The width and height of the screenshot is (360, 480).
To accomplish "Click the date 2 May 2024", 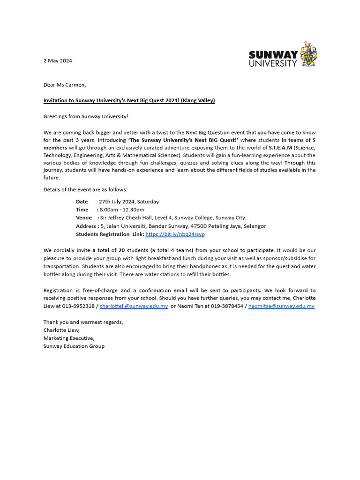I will [58, 60].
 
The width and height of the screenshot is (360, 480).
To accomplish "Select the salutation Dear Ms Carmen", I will [65, 85].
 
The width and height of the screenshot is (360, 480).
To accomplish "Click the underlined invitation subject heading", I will [129, 100].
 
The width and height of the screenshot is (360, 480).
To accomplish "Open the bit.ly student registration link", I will [175, 234].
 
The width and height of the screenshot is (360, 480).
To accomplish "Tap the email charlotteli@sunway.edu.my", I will [134, 306].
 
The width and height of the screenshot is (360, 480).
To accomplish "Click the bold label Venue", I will [84, 217].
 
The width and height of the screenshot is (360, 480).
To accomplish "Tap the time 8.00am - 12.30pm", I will [122, 210].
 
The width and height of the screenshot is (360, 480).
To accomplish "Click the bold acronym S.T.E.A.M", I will [280, 147].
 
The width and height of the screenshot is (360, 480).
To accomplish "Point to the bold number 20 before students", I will [121, 251].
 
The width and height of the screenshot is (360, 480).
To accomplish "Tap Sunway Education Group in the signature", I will [74, 346].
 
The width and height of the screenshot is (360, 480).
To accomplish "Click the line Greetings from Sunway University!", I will [85, 116].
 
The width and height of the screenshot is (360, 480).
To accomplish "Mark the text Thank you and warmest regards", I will [83, 322].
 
